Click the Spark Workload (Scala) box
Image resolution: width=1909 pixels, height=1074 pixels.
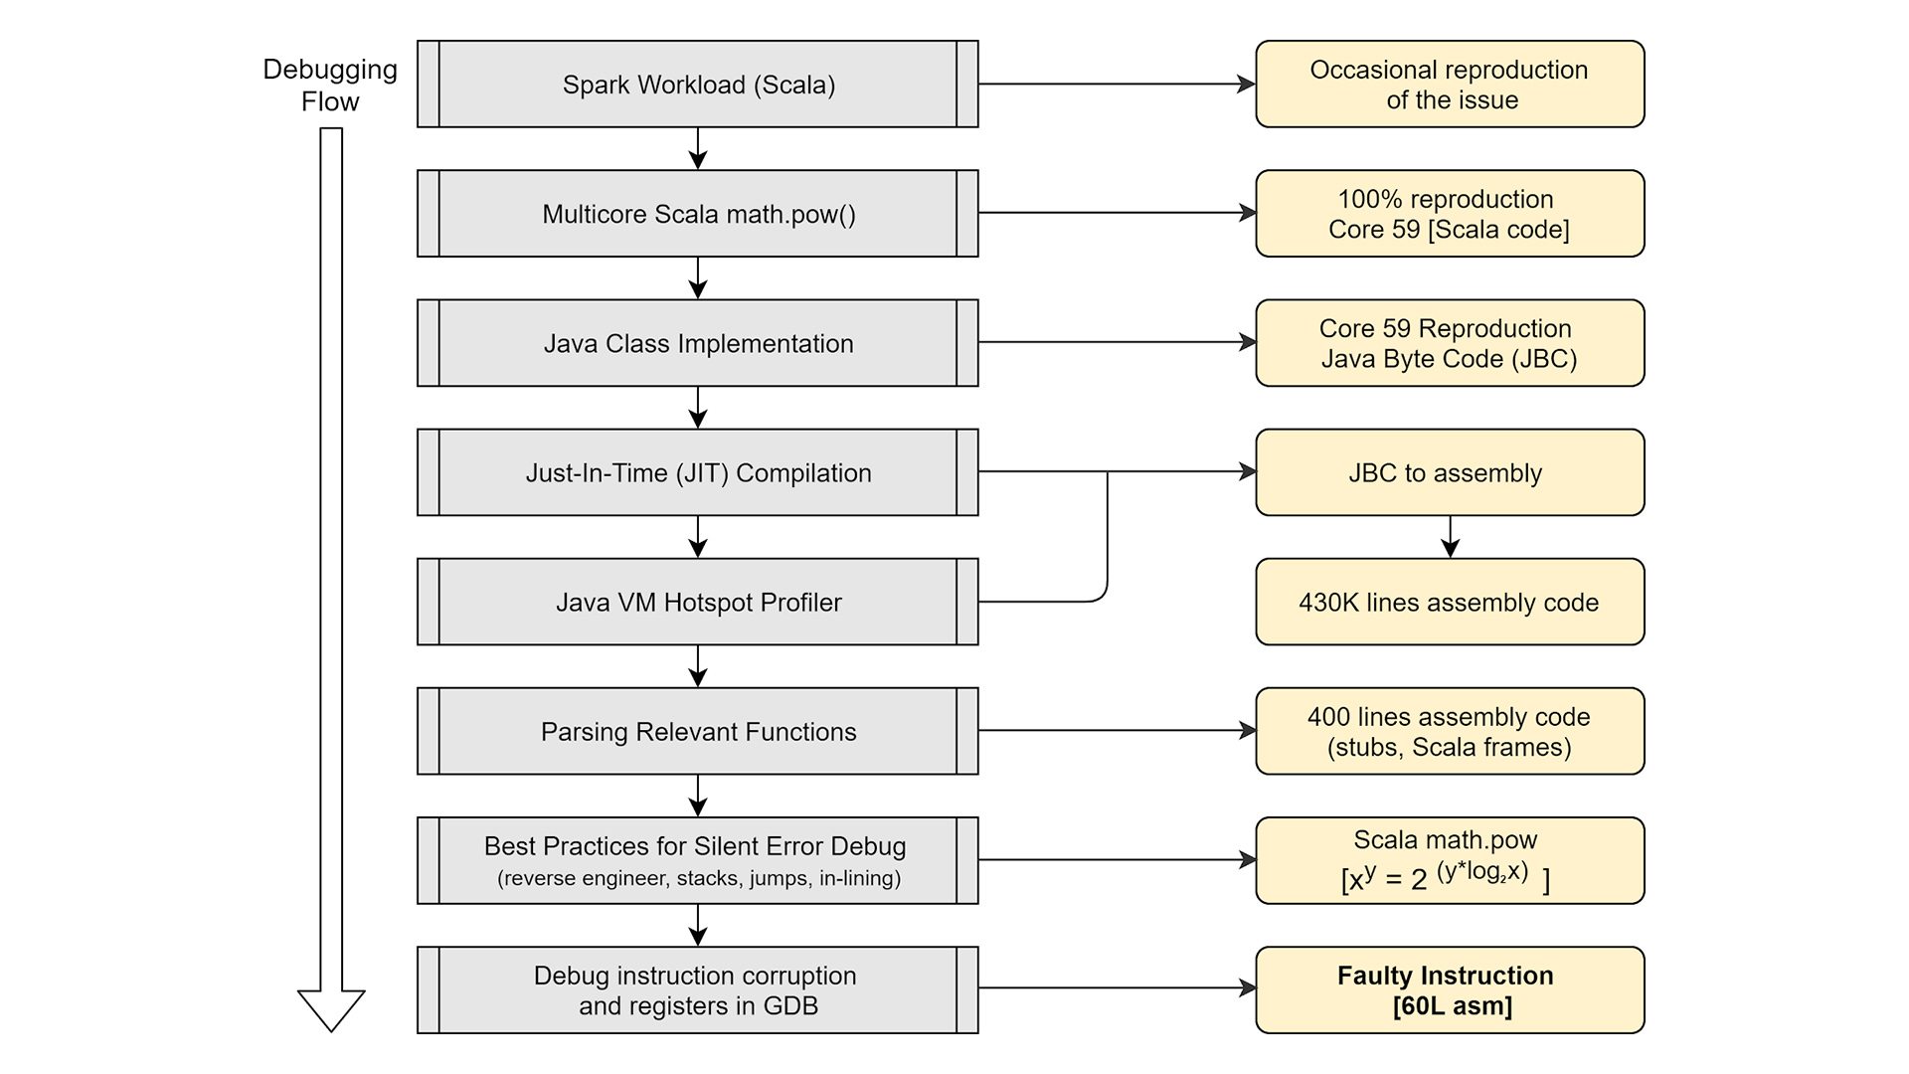[697, 85]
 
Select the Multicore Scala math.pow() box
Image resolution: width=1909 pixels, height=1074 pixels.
[697, 214]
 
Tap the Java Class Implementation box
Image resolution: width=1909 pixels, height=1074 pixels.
[697, 343]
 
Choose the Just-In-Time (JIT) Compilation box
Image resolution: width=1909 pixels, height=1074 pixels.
[697, 472]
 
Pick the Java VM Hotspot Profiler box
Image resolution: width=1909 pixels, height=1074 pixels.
[697, 602]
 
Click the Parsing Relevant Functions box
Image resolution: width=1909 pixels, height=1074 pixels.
[697, 731]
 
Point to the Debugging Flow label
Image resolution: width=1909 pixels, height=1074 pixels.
[330, 86]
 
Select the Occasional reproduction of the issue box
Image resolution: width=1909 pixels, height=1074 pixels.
[1450, 85]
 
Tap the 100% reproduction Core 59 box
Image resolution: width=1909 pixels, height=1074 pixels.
[1450, 214]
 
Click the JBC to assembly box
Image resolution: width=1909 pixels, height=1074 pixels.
[1450, 472]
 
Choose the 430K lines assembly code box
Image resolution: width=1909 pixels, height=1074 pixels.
[1450, 602]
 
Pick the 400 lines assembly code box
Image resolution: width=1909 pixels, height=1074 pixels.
[1450, 731]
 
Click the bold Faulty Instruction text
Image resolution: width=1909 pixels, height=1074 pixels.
[1445, 976]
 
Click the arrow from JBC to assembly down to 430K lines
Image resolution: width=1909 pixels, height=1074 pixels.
[1450, 537]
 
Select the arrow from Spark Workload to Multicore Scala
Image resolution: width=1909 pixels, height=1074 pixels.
[698, 148]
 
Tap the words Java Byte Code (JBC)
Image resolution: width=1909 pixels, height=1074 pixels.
[1449, 359]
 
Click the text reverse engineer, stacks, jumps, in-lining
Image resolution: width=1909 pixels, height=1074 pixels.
[699, 878]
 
